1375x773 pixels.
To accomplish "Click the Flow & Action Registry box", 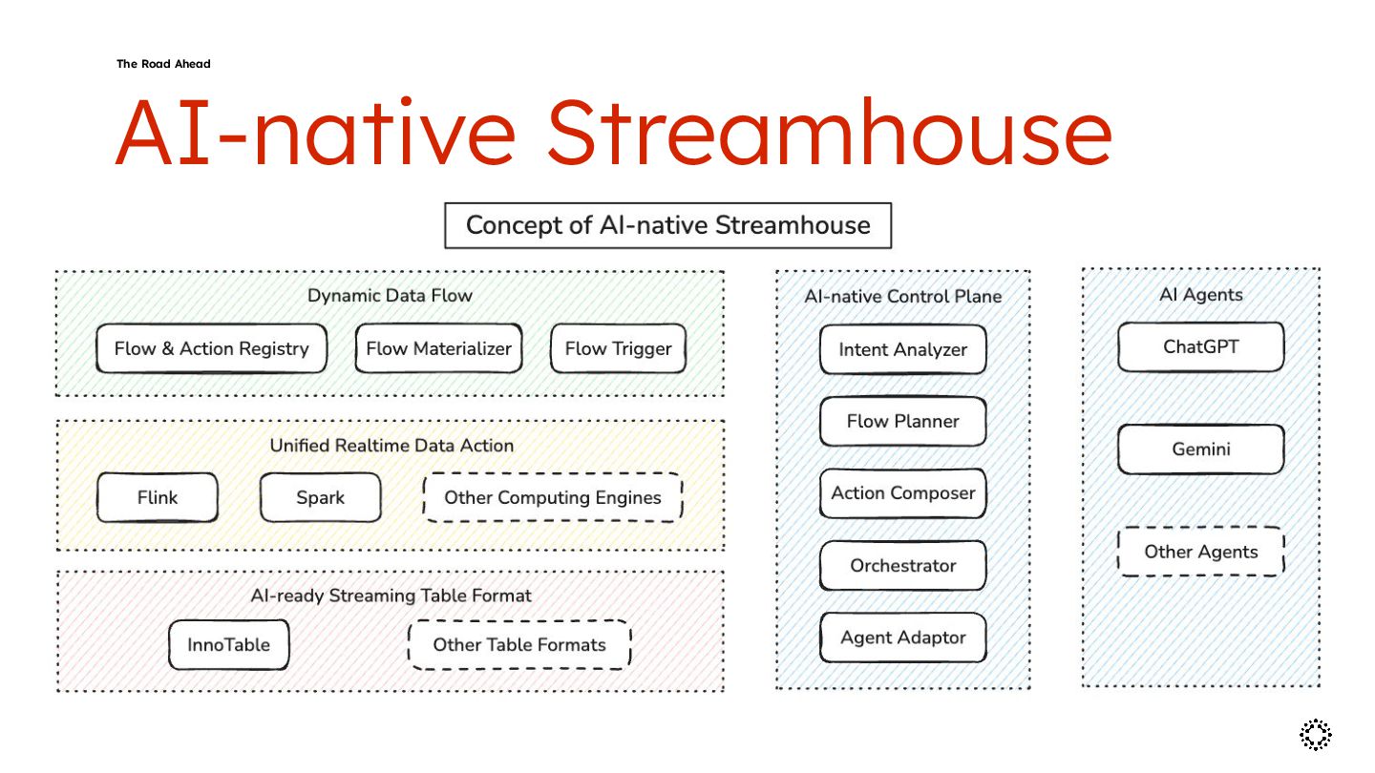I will pyautogui.click(x=211, y=348).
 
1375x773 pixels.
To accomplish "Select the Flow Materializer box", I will pyautogui.click(x=439, y=348).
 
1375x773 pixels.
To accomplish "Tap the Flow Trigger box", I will pyautogui.click(x=618, y=348).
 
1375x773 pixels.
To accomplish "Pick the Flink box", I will pyautogui.click(x=157, y=497).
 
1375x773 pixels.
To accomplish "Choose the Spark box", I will pyautogui.click(x=321, y=497).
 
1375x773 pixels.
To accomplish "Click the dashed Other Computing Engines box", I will pyautogui.click(x=553, y=497).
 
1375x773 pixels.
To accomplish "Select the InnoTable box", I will pyautogui.click(x=228, y=644).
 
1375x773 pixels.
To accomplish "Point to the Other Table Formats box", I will pyautogui.click(x=519, y=644).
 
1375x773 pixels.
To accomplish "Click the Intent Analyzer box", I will pyautogui.click(x=902, y=349).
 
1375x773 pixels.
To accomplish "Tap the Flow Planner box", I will pyautogui.click(x=902, y=421).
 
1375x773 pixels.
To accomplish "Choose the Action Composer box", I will pyautogui.click(x=902, y=493).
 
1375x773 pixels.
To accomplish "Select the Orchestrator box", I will pyautogui.click(x=902, y=565).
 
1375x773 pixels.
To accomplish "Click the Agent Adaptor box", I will pyautogui.click(x=902, y=637).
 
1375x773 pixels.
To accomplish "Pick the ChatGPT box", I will pyautogui.click(x=1200, y=346).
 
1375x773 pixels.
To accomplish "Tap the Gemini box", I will pyautogui.click(x=1200, y=449).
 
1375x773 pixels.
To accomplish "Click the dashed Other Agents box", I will pyautogui.click(x=1200, y=552).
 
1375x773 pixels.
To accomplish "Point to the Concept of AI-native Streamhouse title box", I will pyautogui.click(x=667, y=225).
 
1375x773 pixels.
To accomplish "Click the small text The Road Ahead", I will pyautogui.click(x=163, y=64).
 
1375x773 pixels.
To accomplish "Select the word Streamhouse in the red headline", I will pyautogui.click(x=829, y=132).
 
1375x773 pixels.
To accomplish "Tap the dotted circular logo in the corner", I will pyautogui.click(x=1316, y=734).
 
